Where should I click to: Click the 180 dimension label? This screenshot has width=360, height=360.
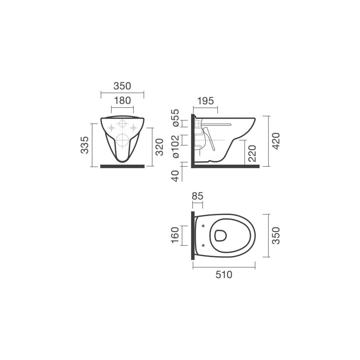coord(122,101)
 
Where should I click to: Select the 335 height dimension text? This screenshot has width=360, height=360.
coord(84,145)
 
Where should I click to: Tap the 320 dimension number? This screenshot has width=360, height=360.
coord(159,147)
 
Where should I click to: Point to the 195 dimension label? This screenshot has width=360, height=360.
coord(205,101)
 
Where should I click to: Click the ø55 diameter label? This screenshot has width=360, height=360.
coord(175,118)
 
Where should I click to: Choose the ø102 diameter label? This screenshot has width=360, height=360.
coord(175,146)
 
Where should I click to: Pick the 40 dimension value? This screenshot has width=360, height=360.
coord(175,176)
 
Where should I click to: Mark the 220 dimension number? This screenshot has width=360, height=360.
coord(252,154)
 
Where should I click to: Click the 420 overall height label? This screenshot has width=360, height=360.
coord(276,141)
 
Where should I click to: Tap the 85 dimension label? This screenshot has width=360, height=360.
coord(197,196)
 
